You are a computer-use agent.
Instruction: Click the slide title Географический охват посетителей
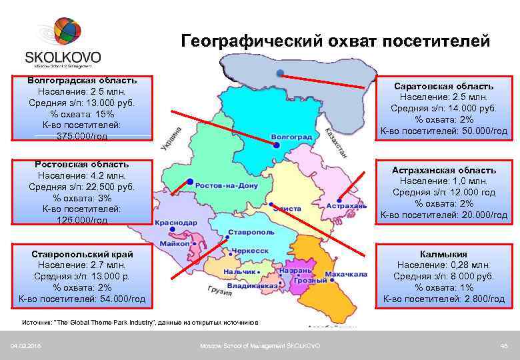(335, 41)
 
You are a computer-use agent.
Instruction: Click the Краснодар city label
(176, 223)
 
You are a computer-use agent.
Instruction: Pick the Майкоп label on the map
(175, 244)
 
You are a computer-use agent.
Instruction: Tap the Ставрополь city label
(251, 232)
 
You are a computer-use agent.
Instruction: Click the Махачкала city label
(345, 274)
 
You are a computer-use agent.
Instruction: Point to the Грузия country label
(219, 291)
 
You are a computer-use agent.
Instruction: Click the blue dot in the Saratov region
(280, 72)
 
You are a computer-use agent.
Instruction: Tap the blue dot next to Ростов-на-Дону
(190, 181)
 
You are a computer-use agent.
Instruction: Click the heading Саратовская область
(443, 86)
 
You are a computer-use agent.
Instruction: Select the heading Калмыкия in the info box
(443, 254)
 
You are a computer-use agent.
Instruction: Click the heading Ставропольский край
(83, 254)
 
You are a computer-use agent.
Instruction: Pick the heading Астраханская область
(443, 170)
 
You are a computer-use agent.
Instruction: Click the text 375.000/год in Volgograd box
(83, 136)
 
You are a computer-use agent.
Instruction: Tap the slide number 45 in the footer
(504, 345)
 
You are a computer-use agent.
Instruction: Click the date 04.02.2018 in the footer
(23, 345)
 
